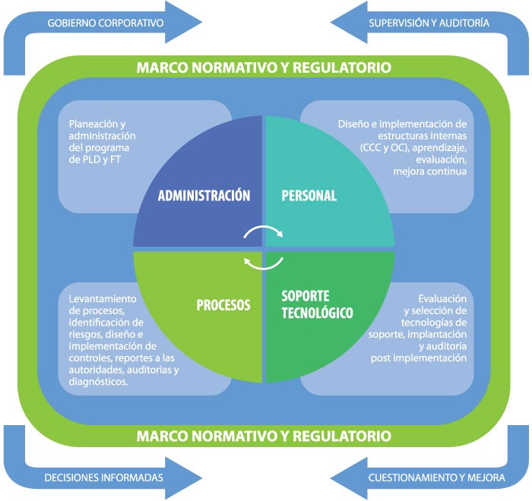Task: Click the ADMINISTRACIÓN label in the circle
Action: [204, 195]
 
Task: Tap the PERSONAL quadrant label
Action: [309, 195]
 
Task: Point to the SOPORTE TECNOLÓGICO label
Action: [317, 304]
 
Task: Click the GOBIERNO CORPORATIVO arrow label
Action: [106, 23]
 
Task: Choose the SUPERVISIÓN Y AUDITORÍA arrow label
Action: [429, 23]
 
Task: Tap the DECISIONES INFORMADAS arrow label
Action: [104, 478]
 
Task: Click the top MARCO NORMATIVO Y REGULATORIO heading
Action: [264, 68]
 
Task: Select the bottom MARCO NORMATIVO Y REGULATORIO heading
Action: [264, 436]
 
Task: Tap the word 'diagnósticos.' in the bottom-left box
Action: [98, 382]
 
